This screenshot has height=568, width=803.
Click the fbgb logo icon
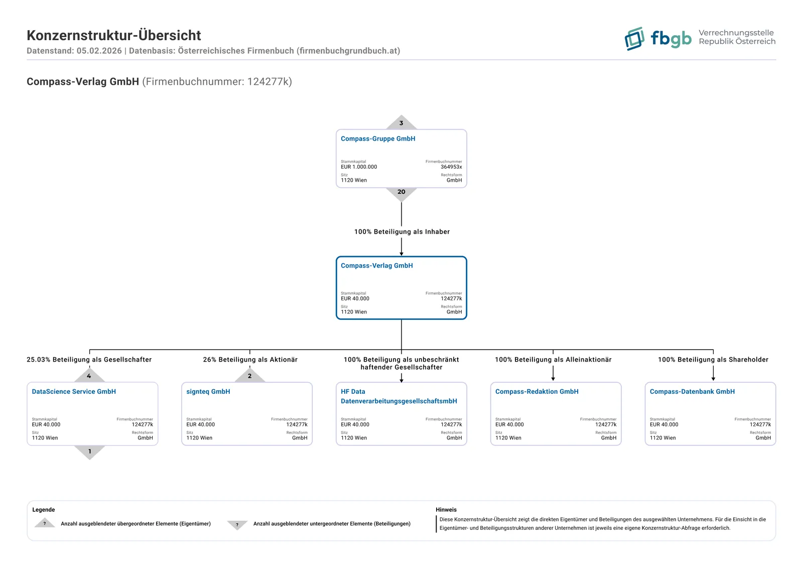click(x=634, y=38)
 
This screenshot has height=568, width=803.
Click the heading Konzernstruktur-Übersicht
click(x=113, y=36)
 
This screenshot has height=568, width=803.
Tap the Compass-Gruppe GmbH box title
click(x=378, y=139)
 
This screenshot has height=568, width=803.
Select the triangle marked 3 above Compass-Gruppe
click(x=401, y=123)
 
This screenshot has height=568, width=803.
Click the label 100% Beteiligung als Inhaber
click(x=402, y=232)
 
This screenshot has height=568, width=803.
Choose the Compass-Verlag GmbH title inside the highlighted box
click(x=377, y=266)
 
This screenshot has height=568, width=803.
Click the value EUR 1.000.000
click(x=359, y=167)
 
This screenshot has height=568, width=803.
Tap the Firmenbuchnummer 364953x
click(x=451, y=167)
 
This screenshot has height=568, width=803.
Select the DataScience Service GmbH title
click(x=74, y=391)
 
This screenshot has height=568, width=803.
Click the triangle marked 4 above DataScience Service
click(x=89, y=375)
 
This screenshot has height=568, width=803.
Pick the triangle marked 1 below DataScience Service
click(x=90, y=452)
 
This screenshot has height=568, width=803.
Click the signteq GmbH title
click(x=208, y=391)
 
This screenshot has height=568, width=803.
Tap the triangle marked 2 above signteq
click(x=250, y=375)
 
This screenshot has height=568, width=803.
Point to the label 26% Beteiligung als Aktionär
click(x=250, y=360)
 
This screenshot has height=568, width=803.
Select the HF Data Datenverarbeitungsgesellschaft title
click(x=398, y=396)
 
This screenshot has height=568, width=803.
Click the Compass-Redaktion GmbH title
click(x=537, y=391)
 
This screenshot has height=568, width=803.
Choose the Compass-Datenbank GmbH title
click(x=692, y=391)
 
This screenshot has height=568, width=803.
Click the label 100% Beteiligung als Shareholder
click(x=713, y=360)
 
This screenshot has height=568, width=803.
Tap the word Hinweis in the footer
click(x=446, y=510)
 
